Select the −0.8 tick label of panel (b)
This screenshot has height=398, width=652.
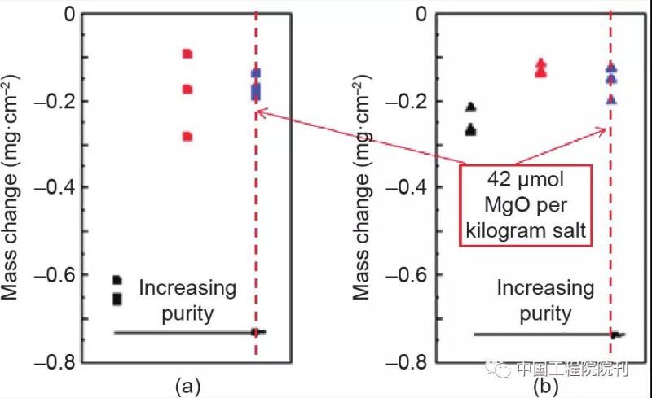(x=405, y=362)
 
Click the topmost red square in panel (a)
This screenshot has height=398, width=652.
(x=187, y=54)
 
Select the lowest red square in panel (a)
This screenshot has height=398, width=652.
(x=187, y=137)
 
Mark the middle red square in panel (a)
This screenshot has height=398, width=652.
(x=187, y=90)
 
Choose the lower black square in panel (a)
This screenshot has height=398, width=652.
(x=117, y=299)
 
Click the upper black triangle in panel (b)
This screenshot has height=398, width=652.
(x=470, y=107)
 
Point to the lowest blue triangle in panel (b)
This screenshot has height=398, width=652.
(x=611, y=100)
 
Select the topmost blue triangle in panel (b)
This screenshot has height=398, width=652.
(x=611, y=70)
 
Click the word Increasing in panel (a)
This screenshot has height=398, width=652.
(x=187, y=288)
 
